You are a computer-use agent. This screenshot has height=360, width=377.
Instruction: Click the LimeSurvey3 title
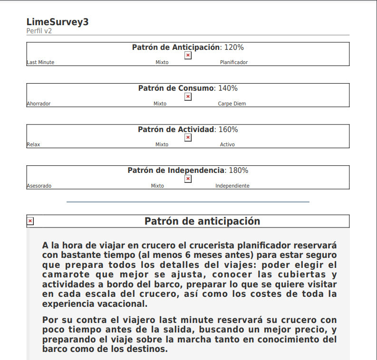click(x=58, y=22)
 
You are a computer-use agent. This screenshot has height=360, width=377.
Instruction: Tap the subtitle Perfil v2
click(x=39, y=31)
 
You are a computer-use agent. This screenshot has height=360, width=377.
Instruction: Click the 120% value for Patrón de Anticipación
click(x=234, y=47)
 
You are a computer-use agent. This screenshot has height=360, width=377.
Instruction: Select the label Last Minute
click(x=40, y=62)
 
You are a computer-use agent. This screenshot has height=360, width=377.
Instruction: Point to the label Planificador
click(x=233, y=62)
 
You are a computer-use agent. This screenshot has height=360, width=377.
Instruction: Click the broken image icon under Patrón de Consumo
click(x=188, y=97)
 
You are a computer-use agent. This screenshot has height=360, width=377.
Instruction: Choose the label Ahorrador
click(x=39, y=104)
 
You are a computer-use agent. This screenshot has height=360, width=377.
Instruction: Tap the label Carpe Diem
click(x=232, y=104)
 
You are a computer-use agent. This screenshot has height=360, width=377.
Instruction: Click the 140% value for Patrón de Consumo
click(x=228, y=88)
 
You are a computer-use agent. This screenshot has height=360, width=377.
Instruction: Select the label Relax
click(x=33, y=145)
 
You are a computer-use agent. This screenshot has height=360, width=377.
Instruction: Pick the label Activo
click(x=227, y=145)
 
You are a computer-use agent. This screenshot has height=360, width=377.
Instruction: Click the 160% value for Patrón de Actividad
click(x=228, y=130)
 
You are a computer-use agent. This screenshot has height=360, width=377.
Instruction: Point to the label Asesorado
click(x=39, y=186)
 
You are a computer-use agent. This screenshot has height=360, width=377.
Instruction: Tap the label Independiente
click(x=232, y=186)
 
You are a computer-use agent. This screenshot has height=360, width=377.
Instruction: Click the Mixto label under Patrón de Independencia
click(x=157, y=186)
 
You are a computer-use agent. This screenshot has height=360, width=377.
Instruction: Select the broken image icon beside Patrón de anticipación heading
click(x=30, y=221)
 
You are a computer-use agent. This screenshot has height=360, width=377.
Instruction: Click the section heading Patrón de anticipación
click(x=202, y=221)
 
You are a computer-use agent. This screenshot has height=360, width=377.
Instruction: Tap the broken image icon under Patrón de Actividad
click(x=188, y=138)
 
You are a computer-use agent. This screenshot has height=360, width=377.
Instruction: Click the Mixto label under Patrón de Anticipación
click(x=162, y=62)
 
